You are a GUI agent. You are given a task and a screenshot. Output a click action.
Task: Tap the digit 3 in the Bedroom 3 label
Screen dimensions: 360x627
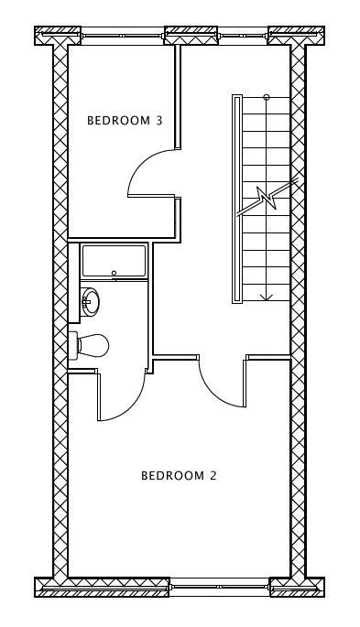159,120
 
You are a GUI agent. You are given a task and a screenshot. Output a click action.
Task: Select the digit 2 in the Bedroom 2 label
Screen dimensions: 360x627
213,475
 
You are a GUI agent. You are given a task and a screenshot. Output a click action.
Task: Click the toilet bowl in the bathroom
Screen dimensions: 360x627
94,345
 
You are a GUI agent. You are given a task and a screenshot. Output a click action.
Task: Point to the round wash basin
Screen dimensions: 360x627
90,301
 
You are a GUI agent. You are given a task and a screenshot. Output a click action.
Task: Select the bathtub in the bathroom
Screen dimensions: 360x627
114,261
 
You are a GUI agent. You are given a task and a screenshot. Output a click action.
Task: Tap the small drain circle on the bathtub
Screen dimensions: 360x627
114,273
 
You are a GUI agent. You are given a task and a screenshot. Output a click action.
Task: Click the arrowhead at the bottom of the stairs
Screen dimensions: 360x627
267,297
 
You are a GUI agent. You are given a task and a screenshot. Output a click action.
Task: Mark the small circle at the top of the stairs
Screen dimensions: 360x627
267,97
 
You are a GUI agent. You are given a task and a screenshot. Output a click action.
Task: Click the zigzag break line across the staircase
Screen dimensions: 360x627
267,198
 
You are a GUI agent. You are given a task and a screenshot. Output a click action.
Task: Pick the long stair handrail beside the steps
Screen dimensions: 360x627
237,200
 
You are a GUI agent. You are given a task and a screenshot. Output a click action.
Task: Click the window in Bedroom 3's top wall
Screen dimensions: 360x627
123,36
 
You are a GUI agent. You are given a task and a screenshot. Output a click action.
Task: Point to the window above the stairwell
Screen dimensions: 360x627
243,36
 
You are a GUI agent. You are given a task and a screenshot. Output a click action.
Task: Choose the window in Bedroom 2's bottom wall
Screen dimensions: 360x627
219,587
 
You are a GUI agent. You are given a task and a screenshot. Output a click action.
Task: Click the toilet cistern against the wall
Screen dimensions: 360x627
72,345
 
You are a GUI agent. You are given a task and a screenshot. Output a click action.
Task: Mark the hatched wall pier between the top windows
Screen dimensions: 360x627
191,36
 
